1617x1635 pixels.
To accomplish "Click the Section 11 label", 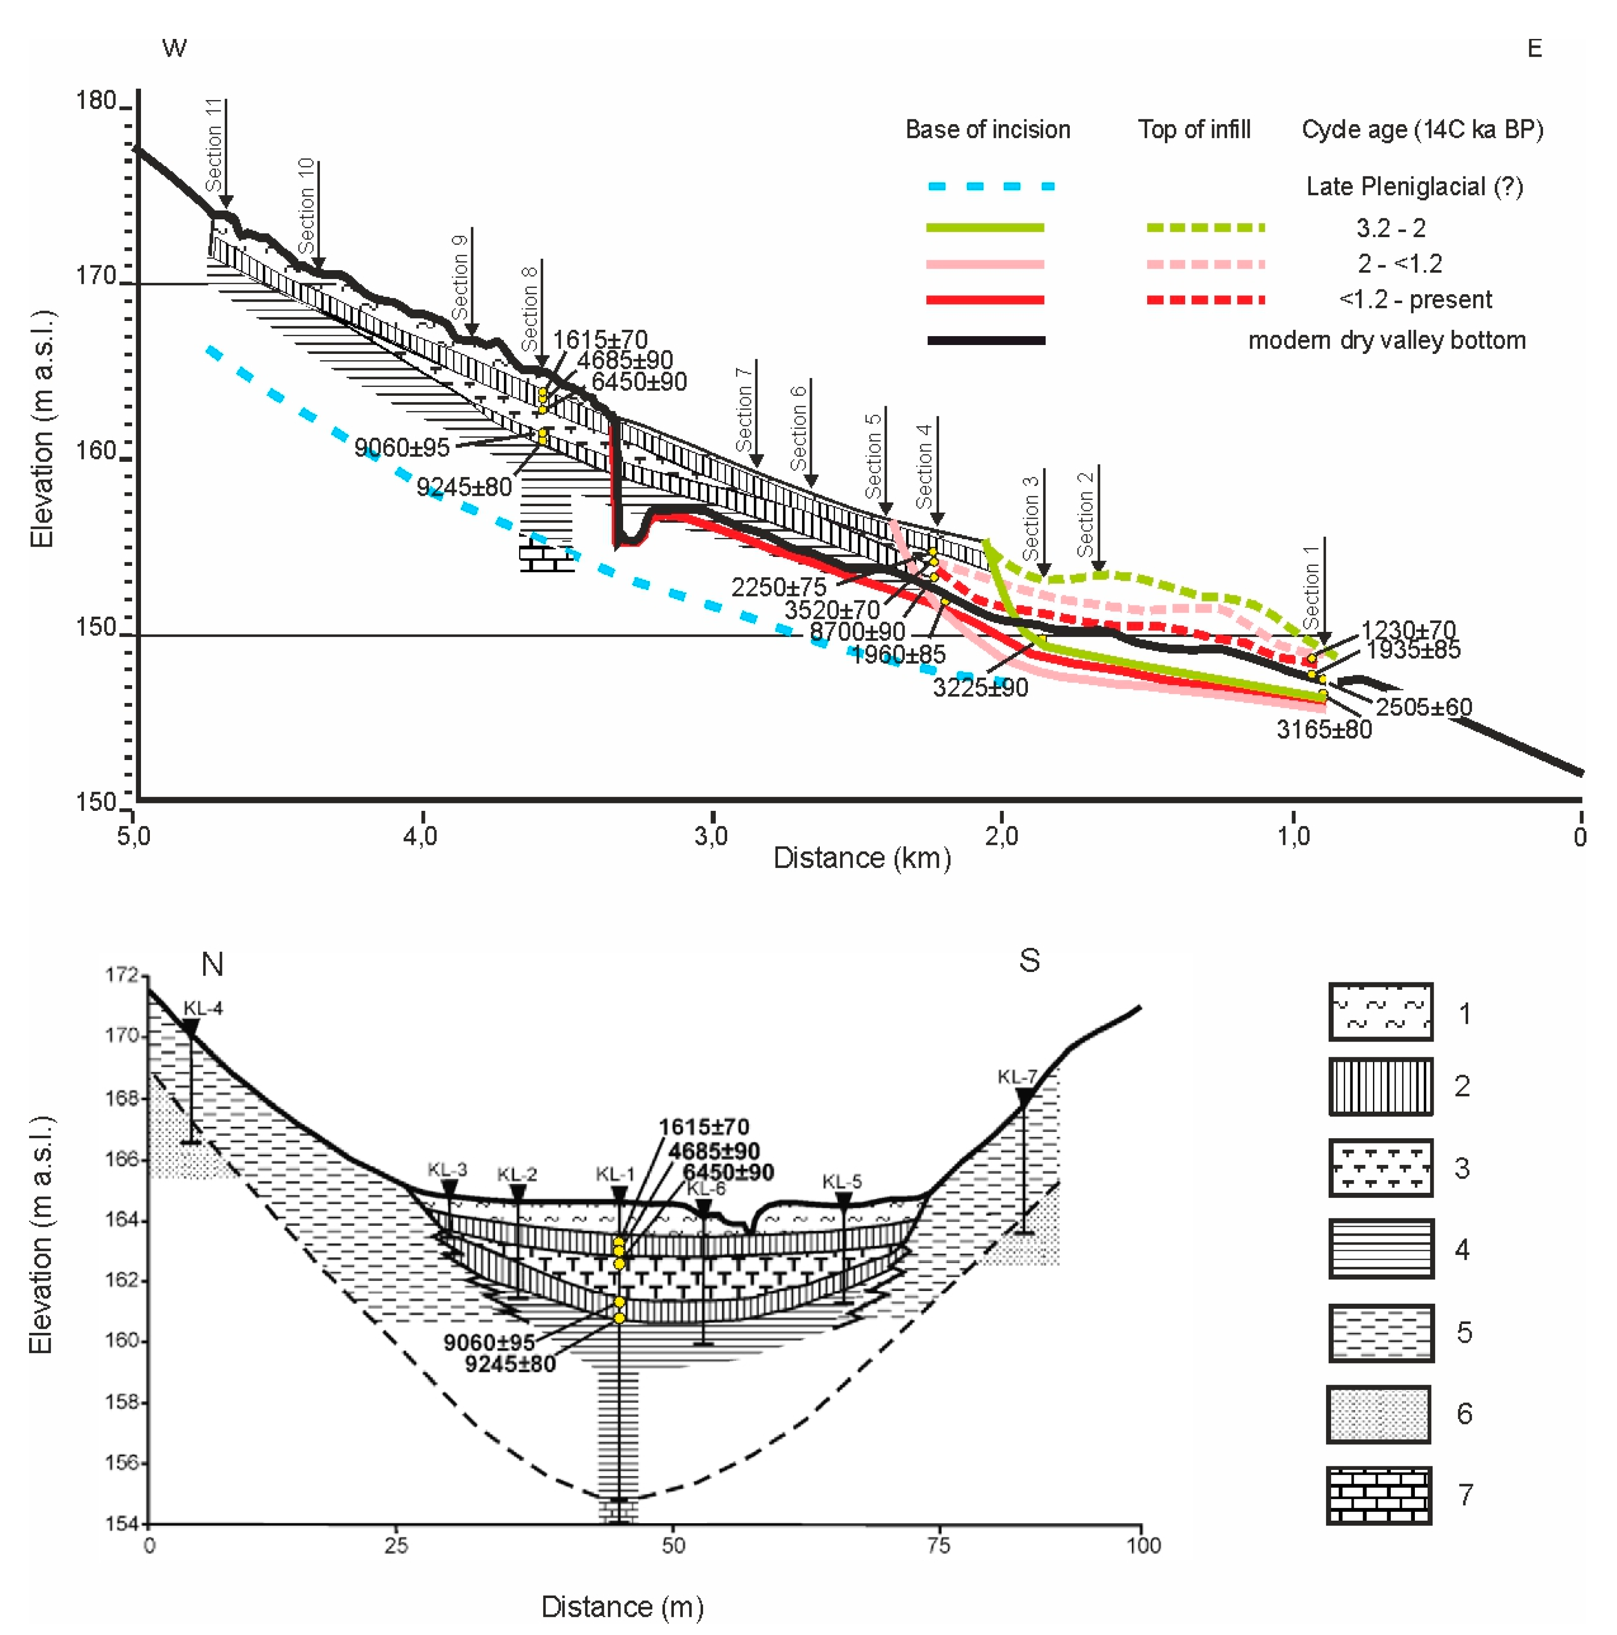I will [214, 145].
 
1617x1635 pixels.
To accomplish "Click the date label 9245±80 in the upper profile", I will [464, 487].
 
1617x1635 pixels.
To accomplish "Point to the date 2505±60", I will [1423, 707].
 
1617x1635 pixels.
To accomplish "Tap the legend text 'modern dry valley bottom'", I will [1387, 340].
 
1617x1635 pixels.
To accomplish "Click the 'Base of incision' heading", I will [987, 130].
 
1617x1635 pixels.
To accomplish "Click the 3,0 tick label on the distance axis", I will [711, 836].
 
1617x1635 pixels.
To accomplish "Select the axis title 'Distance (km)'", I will [862, 858].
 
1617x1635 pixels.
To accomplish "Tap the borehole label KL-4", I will [203, 1008].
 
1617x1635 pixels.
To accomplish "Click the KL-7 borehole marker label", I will [1017, 1077].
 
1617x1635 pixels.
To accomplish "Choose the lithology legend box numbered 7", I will [1378, 1496].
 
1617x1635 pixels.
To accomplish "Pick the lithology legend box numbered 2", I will [1380, 1086].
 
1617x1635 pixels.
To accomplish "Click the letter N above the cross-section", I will [211, 964].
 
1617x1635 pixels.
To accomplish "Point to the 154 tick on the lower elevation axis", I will [121, 1523].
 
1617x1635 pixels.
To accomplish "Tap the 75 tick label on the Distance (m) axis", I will [938, 1545].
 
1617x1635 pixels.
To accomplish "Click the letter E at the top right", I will [1534, 48].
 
